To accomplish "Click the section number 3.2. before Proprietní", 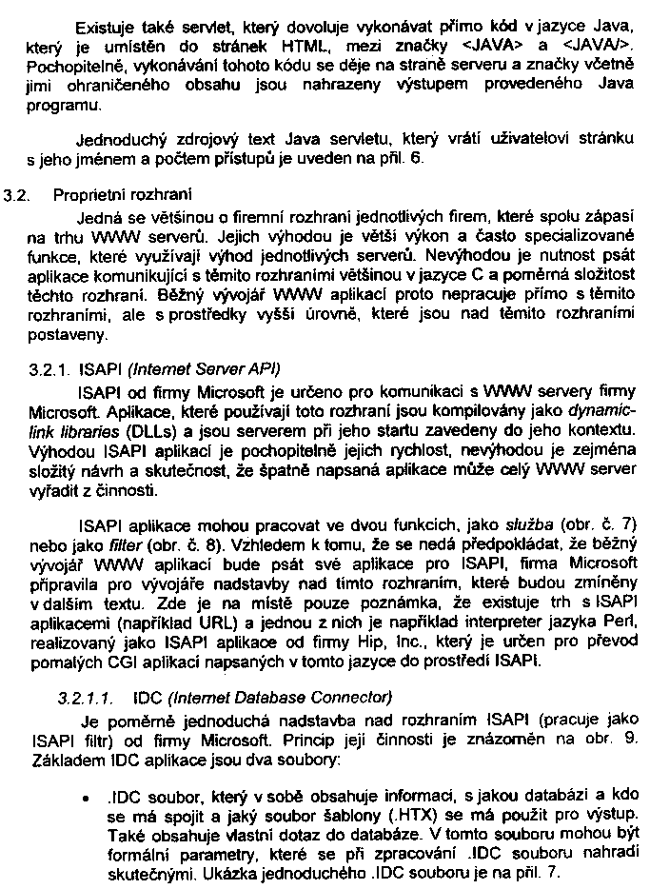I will pos(16,197).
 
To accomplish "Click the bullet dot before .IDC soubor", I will pos(87,792).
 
